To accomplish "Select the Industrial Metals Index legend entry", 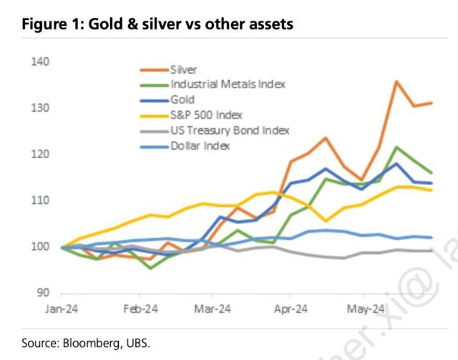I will tap(228, 84).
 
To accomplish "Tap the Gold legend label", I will tap(182, 99).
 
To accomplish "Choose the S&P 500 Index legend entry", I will tap(206, 115).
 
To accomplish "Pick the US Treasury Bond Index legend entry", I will tap(230, 130).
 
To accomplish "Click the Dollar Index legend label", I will tap(200, 145).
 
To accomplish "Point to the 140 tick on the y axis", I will tap(40, 62).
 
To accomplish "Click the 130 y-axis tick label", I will tap(40, 108).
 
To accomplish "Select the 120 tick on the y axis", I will tap(40, 155).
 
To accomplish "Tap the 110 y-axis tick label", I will tap(40, 201).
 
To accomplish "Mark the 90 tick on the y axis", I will tap(43, 293).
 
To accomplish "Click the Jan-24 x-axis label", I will tap(62, 310).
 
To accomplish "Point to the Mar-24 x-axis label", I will tap(212, 310).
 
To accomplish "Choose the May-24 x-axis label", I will tap(365, 310).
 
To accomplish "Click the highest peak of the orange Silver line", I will tap(396, 82).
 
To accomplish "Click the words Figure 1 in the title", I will tap(51, 24).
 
